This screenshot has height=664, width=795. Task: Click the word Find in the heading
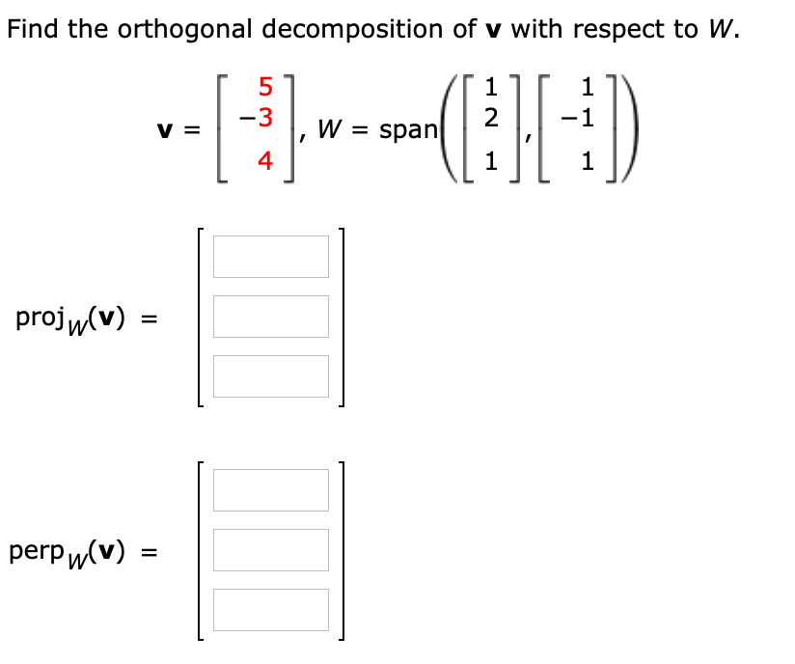coord(34,29)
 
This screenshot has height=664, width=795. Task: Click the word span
coord(409,129)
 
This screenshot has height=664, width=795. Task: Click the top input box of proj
coord(271,257)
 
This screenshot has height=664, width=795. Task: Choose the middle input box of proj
coord(271,317)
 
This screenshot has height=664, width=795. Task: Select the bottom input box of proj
coord(271,376)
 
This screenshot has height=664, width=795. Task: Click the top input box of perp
coord(271,490)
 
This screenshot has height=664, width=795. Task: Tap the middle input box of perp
coord(271,550)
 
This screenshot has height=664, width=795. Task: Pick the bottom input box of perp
coord(271,610)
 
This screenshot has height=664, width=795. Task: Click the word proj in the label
coord(40,318)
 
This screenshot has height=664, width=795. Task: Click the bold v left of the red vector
coord(163,130)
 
